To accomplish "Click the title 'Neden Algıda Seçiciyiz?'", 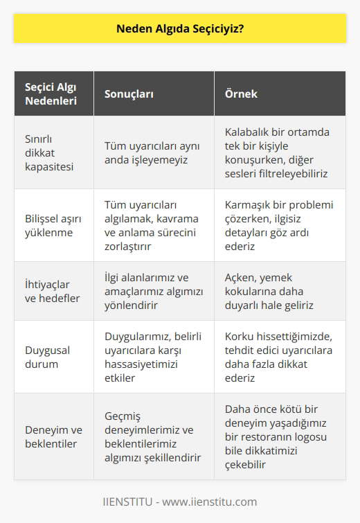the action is [179, 31].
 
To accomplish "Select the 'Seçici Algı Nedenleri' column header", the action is [51, 94].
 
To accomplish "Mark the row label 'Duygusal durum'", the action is [42, 357].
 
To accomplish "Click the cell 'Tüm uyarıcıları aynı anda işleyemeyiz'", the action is [151, 152].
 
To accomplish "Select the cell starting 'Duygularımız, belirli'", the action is [152, 357].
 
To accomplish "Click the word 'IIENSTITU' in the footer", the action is [131, 502].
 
